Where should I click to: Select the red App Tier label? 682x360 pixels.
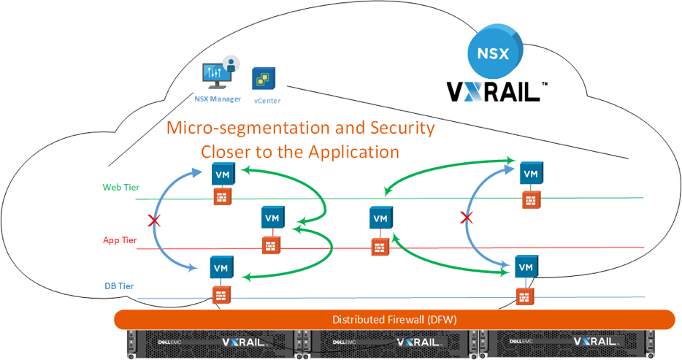[x=120, y=240]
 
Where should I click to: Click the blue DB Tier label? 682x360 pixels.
[x=120, y=286]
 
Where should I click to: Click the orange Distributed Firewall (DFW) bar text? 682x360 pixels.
[x=395, y=320]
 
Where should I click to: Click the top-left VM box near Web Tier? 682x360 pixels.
[x=223, y=174]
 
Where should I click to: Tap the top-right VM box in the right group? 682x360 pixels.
[x=531, y=174]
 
